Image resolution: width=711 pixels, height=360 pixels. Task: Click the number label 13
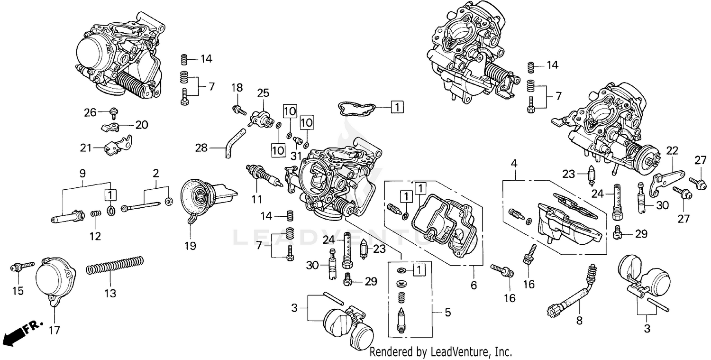coord(110,294)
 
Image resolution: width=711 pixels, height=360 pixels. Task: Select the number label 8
coord(579,321)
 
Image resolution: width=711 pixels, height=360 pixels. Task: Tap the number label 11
coord(256,199)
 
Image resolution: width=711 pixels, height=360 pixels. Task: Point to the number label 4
coord(514,164)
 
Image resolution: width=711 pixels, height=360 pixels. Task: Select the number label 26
coord(90,112)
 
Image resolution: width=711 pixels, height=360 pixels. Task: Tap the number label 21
coord(85,148)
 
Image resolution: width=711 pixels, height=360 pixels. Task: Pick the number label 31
coord(296,156)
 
